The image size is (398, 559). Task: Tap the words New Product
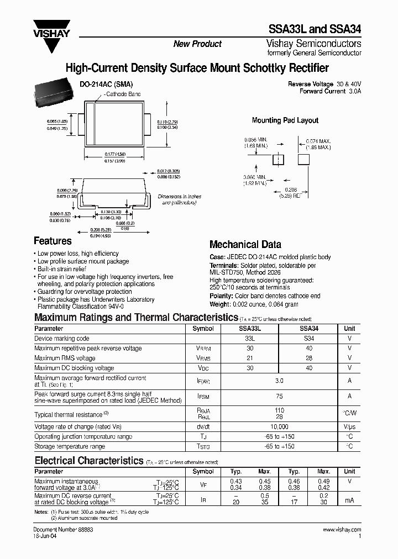tap(197, 44)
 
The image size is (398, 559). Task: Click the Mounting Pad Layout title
tap(285, 120)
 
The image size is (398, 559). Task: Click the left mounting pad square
tap(279, 160)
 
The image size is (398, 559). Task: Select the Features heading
tap(53, 241)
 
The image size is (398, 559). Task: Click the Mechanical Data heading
tap(245, 244)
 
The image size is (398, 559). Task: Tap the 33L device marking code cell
tap(249, 338)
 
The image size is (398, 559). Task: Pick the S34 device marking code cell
tap(308, 338)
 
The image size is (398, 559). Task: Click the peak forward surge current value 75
tap(279, 395)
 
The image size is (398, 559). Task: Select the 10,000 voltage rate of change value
tap(279, 427)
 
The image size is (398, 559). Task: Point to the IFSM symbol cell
tap(202, 395)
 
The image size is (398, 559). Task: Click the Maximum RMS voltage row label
tap(65, 358)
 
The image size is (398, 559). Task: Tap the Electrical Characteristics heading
tap(88, 460)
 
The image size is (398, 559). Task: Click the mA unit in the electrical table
tap(349, 500)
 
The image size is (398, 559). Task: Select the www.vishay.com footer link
tap(342, 529)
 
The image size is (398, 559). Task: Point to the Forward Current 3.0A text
tap(330, 91)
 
